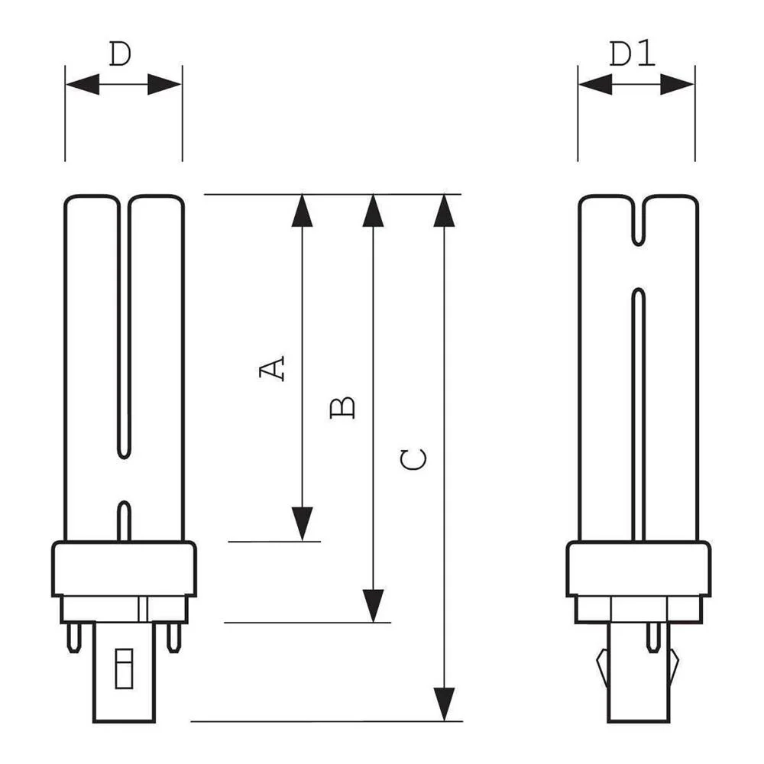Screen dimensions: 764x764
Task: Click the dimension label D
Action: [x=120, y=54]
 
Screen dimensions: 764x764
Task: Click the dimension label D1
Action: [x=633, y=54]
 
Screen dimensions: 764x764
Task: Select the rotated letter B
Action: [x=343, y=406]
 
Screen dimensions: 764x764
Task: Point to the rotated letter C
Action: [x=413, y=459]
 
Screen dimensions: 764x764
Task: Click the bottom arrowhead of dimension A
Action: [x=303, y=523]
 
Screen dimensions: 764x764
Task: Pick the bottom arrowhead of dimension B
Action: [x=373, y=605]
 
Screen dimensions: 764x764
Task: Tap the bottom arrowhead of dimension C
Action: [x=444, y=704]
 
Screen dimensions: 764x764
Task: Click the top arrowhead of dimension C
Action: [x=444, y=212]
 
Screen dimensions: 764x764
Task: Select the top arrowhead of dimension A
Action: [x=303, y=212]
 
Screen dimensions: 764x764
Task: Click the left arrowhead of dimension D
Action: [x=83, y=84]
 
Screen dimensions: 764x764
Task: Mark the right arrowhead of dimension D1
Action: [x=677, y=84]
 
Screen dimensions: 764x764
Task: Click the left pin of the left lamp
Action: [x=73, y=636]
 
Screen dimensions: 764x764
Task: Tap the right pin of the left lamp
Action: [x=174, y=636]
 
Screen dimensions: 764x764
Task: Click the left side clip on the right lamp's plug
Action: [x=602, y=665]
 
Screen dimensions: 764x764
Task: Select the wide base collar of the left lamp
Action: [x=124, y=568]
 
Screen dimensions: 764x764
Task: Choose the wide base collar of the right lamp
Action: [x=639, y=568]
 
